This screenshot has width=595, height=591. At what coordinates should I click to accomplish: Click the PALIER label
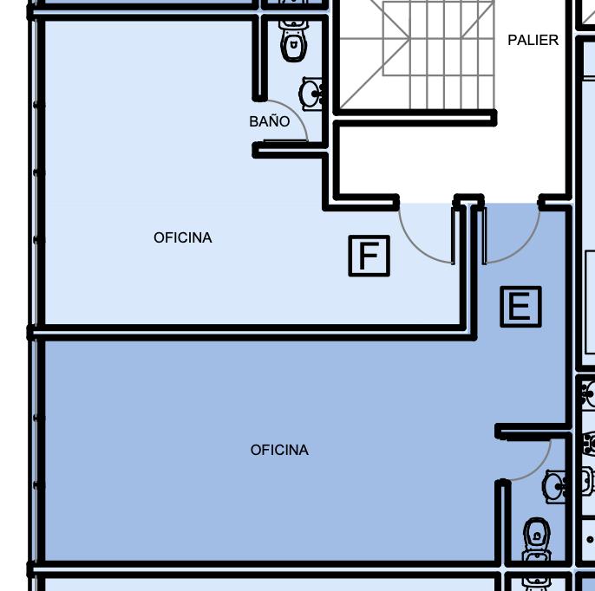click(x=533, y=40)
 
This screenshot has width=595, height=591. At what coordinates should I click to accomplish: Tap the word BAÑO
click(x=270, y=121)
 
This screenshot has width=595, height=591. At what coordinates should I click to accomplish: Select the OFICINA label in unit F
click(x=182, y=237)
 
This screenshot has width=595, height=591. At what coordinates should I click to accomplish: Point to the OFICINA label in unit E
click(x=279, y=450)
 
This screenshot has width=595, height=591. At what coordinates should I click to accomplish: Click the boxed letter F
click(x=369, y=256)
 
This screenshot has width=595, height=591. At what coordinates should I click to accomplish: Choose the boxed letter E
click(x=520, y=307)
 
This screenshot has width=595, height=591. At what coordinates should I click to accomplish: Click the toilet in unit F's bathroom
click(x=293, y=41)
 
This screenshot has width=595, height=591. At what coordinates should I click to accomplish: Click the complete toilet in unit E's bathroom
click(x=537, y=539)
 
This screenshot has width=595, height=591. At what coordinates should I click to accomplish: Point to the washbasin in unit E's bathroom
click(x=554, y=486)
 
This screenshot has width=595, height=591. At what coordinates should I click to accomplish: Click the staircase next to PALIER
click(x=416, y=55)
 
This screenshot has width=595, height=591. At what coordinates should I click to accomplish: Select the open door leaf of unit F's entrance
click(x=453, y=235)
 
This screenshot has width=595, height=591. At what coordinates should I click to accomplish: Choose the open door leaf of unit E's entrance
click(x=484, y=235)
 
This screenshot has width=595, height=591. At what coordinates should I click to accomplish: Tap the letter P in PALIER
click(x=512, y=40)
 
